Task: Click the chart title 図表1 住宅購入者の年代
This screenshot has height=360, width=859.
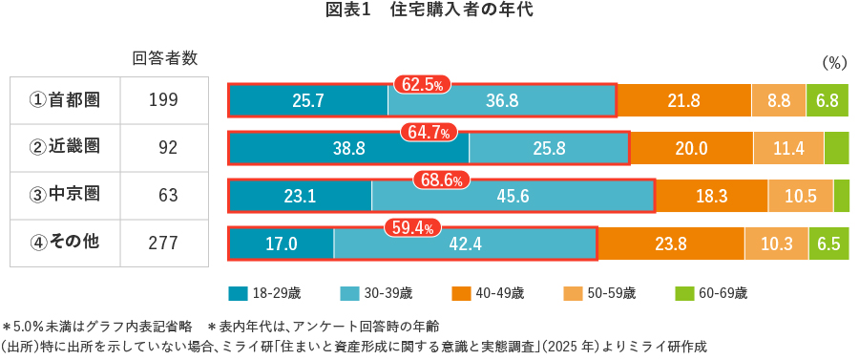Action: click(429, 11)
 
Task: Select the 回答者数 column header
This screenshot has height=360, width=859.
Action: click(164, 57)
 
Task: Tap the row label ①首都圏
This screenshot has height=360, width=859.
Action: click(65, 99)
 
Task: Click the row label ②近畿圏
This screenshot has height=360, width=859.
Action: click(65, 147)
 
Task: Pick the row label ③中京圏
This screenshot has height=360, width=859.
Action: click(65, 195)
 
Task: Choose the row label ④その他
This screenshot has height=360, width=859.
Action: click(65, 243)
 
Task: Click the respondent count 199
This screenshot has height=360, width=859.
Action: click(164, 99)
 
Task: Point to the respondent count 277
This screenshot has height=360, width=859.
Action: click(164, 243)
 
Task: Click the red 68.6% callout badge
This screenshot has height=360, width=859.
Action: click(440, 180)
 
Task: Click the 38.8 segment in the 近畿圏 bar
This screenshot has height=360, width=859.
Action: click(349, 148)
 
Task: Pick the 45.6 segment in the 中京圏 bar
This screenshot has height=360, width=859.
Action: click(513, 196)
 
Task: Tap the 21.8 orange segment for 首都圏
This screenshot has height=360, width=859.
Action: click(683, 100)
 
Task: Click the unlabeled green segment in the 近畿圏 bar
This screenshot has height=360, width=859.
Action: click(836, 148)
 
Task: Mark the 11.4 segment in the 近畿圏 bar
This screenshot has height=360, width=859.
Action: click(788, 148)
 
